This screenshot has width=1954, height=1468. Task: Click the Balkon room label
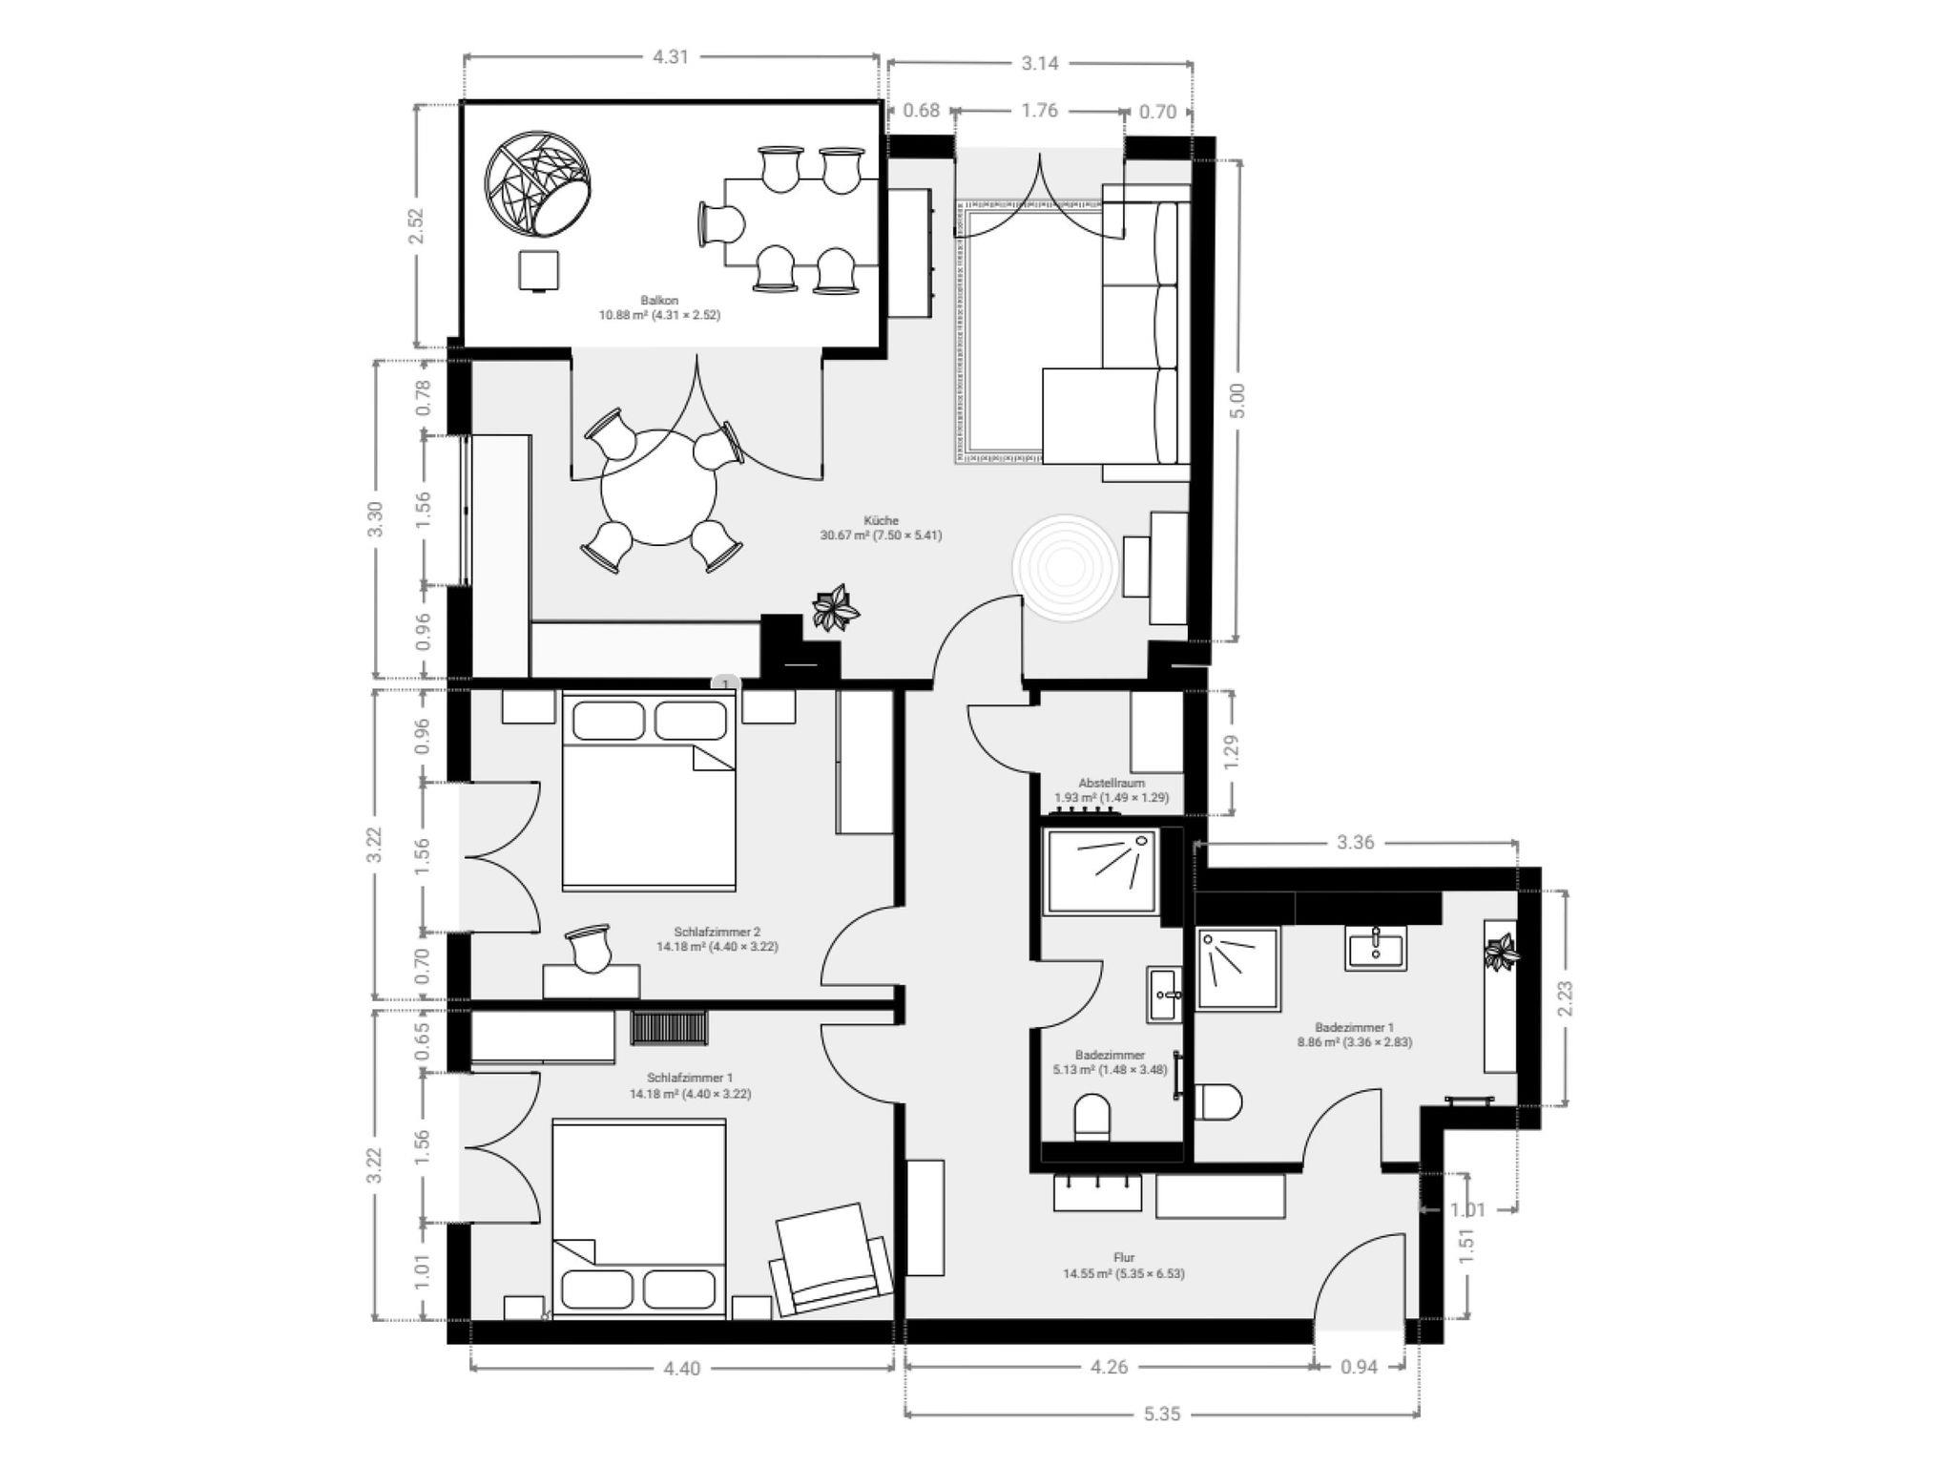coord(659,301)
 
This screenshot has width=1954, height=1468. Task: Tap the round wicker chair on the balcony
coord(538,183)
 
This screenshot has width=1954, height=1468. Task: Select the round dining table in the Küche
coord(658,487)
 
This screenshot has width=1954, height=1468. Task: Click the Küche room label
coord(881,520)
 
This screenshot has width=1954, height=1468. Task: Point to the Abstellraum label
coord(1112,783)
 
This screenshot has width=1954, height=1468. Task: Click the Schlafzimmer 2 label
coord(717,932)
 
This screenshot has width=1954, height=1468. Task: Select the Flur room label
coord(1124,1258)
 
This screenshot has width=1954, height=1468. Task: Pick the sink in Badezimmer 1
coord(1375,949)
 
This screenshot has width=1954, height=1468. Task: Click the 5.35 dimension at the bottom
coord(1162,1414)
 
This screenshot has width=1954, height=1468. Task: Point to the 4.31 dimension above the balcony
coord(670,56)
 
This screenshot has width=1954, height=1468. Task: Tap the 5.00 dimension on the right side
coord(1237,400)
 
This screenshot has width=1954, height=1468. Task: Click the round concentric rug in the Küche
coord(1064,568)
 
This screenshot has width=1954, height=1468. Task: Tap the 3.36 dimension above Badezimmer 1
coord(1355,843)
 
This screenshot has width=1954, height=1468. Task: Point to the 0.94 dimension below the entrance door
coord(1359,1367)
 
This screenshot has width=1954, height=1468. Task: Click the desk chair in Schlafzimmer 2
coord(587,947)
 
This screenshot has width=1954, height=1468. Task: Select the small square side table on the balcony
coord(540,270)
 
